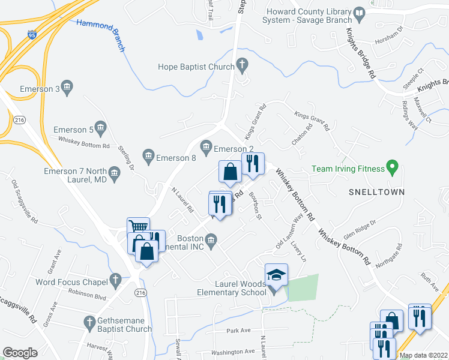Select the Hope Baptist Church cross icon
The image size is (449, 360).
(x=242, y=64)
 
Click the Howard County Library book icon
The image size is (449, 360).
(x=359, y=13)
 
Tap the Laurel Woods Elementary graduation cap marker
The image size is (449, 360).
(x=276, y=275)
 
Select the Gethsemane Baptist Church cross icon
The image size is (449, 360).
(x=90, y=321)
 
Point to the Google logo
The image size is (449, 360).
(x=20, y=353)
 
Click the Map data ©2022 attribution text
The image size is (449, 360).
(x=423, y=355)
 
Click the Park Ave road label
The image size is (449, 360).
(x=238, y=331)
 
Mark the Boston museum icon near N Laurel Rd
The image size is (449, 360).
(x=211, y=241)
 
